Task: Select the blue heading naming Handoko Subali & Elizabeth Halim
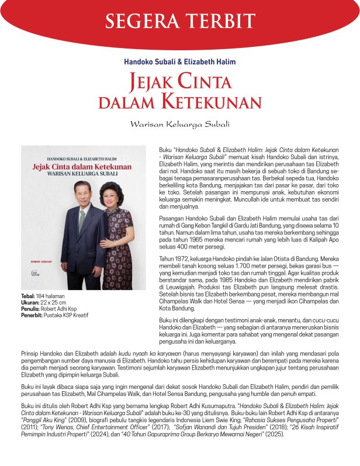[179, 61]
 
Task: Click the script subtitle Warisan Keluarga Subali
[181, 124]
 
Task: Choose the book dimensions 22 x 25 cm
[53, 303]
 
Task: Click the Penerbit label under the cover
[33, 316]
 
